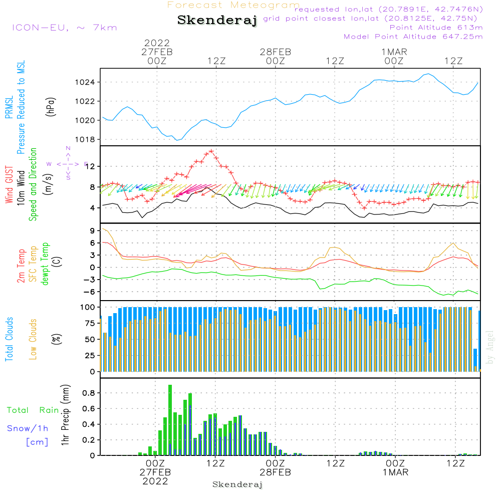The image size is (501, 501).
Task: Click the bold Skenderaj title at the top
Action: [217, 20]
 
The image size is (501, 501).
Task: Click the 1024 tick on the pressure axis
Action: [85, 83]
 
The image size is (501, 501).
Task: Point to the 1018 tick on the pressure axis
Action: [85, 140]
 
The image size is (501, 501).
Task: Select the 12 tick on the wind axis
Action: [90, 166]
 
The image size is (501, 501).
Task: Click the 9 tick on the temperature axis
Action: [92, 230]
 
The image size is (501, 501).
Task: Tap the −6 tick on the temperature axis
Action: [90, 292]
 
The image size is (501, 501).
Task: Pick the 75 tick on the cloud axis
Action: [90, 323]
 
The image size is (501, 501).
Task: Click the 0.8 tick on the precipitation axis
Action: [89, 393]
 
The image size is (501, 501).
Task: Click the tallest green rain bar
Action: [170, 420]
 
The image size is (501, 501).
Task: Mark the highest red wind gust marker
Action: [211, 151]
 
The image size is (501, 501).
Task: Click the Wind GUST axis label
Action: [10, 185]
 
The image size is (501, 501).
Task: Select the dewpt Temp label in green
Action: [45, 264]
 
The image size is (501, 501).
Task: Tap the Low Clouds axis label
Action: [33, 339]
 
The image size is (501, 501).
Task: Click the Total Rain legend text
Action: [33, 410]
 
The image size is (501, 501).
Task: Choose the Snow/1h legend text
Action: [28, 428]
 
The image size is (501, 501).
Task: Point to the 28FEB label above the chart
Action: [276, 52]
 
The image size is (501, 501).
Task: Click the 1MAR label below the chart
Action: [396, 472]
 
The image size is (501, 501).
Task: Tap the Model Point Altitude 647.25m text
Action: [413, 37]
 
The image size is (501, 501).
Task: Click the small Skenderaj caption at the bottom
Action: [237, 484]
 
